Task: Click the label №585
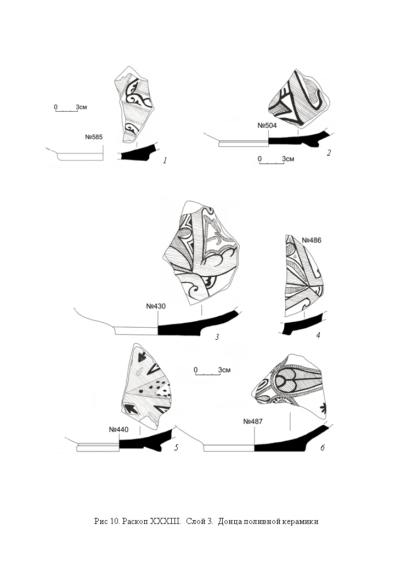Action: [x=94, y=137]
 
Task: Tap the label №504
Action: [x=267, y=126]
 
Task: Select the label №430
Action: [x=156, y=306]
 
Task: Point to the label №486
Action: [x=312, y=240]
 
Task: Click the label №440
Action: [x=119, y=429]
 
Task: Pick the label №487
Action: [x=253, y=421]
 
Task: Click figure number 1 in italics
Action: [x=165, y=160]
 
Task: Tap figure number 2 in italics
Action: [x=329, y=153]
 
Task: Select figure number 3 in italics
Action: [x=217, y=337]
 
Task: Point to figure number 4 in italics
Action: [x=318, y=335]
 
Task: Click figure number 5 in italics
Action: [x=177, y=447]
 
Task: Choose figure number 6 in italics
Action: [x=323, y=448]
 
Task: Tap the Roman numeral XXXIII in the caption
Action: [x=166, y=521]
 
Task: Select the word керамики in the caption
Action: [x=301, y=522]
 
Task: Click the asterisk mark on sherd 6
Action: [x=323, y=408]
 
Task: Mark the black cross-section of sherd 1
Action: [x=138, y=153]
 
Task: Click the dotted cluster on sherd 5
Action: [x=162, y=389]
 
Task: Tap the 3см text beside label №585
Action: [x=82, y=107]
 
